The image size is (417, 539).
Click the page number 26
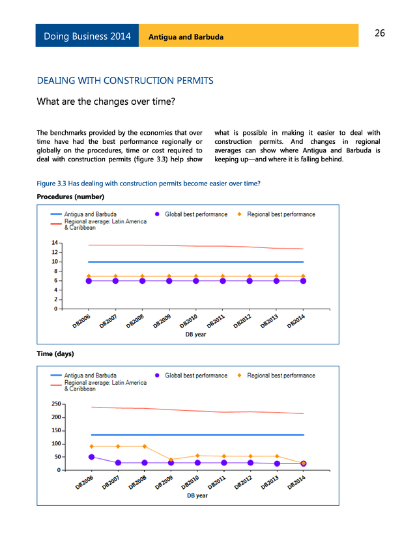pos(380,33)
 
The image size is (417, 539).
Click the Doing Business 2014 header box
pos(87,36)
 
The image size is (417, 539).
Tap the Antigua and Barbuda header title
pos(186,37)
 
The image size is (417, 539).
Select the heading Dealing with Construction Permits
pos(125,81)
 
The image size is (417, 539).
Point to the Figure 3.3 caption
pos(149,184)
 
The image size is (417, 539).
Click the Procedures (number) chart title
pos(70,197)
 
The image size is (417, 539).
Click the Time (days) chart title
pos(55,353)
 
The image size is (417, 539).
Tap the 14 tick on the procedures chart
pos(55,243)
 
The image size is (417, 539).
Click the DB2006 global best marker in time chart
pos(91,457)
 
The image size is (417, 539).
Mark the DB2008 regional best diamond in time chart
pos(145,447)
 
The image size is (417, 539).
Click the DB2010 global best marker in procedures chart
pos(196,281)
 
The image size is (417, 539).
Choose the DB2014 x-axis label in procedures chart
pos(297,322)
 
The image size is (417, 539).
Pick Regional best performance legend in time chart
pos(281,376)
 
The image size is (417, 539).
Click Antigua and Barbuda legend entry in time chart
pos(91,376)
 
